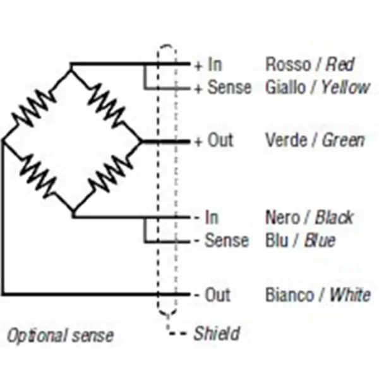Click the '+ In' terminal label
(x=208, y=64)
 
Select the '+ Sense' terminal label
(x=222, y=88)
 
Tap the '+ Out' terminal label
(x=214, y=140)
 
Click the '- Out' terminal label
(x=212, y=294)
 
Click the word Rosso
(x=286, y=64)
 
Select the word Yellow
(x=345, y=87)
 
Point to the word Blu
(x=277, y=241)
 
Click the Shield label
(x=217, y=332)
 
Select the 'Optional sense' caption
(x=61, y=335)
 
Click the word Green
(x=344, y=140)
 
